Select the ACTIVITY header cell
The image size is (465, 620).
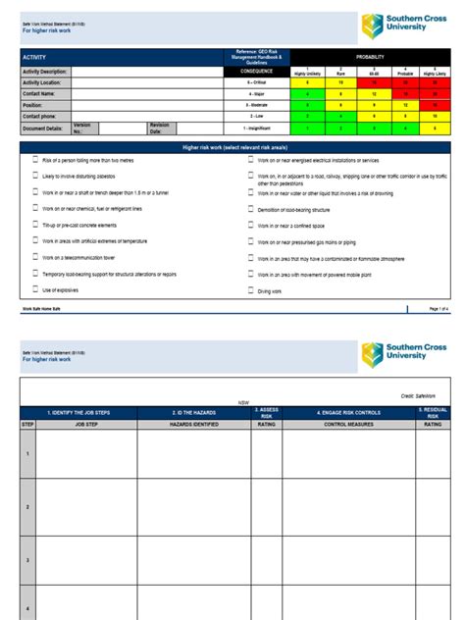(x=35, y=58)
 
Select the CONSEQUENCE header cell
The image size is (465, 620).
(x=256, y=71)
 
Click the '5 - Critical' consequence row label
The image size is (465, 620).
(x=256, y=82)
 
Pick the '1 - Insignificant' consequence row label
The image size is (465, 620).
(x=256, y=128)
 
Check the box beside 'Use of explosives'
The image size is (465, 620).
(x=34, y=290)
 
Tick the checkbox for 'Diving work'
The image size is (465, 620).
(x=250, y=290)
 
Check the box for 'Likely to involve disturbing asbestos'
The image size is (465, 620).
(x=34, y=176)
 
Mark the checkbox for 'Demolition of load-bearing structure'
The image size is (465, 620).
(x=250, y=209)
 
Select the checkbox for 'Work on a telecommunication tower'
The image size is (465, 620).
(x=34, y=257)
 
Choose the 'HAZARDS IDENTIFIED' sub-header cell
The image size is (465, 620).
(x=193, y=424)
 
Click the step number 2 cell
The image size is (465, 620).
(x=27, y=506)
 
